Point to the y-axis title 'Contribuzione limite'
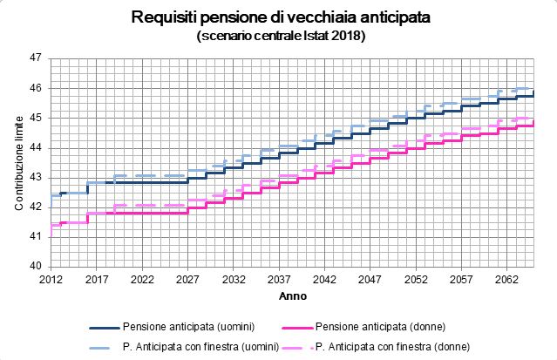[x=18, y=161]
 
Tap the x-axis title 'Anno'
[x=292, y=296]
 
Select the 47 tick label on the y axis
[x=37, y=58]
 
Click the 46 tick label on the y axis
[x=37, y=88]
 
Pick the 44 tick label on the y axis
[x=37, y=147]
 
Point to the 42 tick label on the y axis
[x=37, y=207]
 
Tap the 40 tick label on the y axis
[x=37, y=266]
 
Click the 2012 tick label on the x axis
[x=51, y=280]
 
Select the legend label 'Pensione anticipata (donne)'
[x=379, y=327]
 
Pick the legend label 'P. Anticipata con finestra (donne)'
[x=393, y=346]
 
